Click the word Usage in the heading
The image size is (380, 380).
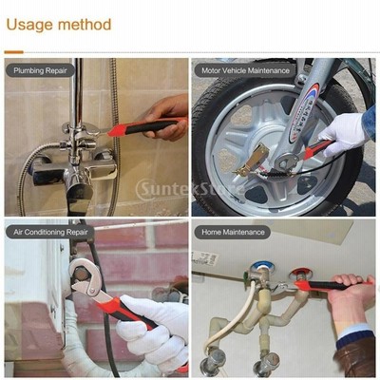click(x=30, y=25)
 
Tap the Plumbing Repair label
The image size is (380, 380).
click(x=40, y=70)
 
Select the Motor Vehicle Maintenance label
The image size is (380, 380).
click(x=246, y=70)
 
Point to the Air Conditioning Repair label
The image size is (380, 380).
click(x=50, y=232)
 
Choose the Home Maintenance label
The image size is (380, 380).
click(x=233, y=232)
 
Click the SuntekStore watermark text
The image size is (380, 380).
click(x=191, y=189)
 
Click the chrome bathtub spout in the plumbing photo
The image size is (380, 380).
click(x=79, y=193)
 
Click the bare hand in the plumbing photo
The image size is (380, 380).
click(x=166, y=117)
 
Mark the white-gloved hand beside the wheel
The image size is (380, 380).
click(x=343, y=131)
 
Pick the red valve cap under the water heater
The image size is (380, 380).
click(x=298, y=273)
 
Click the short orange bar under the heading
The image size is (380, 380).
click(x=14, y=52)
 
